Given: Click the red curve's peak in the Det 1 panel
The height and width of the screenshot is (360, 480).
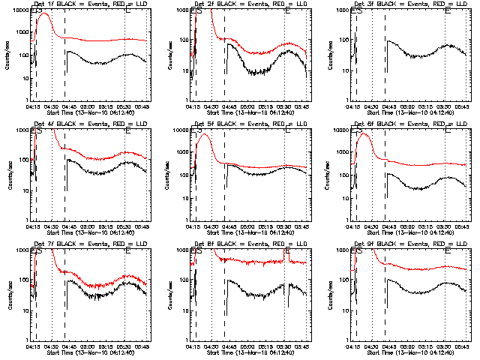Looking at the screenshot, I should point(43,14).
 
